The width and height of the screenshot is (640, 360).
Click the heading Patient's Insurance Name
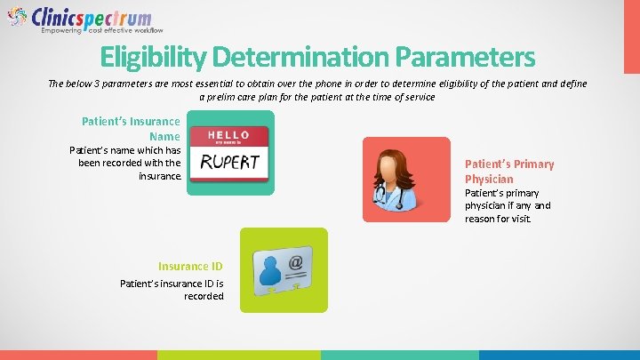(x=131, y=129)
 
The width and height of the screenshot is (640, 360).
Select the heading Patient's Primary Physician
(x=508, y=172)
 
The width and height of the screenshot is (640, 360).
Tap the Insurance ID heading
(x=190, y=266)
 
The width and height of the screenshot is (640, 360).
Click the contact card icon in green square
(x=283, y=270)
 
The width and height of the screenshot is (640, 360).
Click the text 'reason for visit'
(x=497, y=219)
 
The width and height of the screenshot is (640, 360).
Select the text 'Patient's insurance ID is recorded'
(x=172, y=290)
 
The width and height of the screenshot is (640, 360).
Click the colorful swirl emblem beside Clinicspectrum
(x=18, y=18)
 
